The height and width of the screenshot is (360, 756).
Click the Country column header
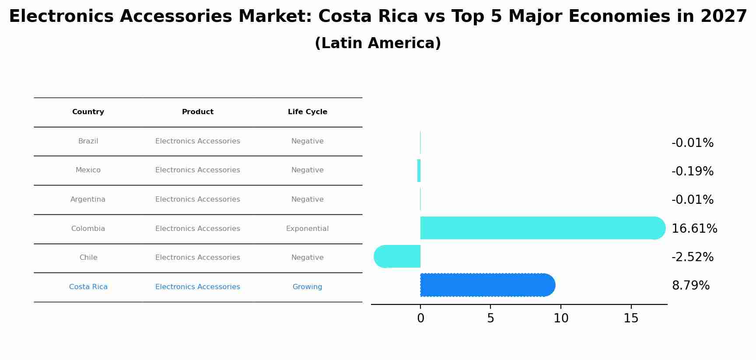[x=88, y=112]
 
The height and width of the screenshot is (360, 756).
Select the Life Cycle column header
[x=307, y=112]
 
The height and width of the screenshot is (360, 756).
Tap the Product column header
[x=197, y=112]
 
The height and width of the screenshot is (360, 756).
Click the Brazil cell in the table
[x=88, y=141]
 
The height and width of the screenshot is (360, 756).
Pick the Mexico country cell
[x=88, y=170]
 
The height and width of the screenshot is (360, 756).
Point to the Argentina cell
[x=88, y=199]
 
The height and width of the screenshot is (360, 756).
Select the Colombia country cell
[x=88, y=229]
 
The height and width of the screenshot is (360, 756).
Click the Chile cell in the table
[x=88, y=258]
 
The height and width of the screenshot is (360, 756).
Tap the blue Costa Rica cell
[x=88, y=287]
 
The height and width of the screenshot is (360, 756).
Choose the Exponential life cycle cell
[x=307, y=229]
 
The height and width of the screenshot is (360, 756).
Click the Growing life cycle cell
[x=307, y=287]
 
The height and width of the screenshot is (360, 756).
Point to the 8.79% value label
[x=690, y=286]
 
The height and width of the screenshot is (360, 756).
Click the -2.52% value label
[x=692, y=257]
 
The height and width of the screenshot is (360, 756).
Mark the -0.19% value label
[x=692, y=171]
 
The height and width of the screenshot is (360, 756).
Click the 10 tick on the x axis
[x=560, y=318]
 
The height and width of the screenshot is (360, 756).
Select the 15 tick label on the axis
[x=631, y=318]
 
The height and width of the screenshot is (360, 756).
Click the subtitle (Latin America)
[x=378, y=43]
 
